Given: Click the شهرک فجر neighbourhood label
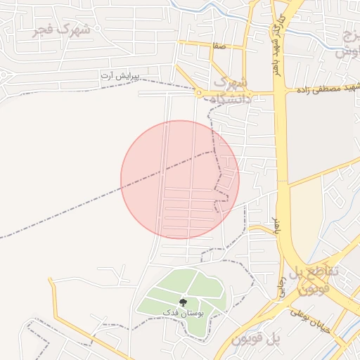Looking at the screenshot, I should pos(63,30).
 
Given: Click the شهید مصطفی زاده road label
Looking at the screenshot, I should pos(330,89).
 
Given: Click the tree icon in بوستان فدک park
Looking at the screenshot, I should pos(184,302).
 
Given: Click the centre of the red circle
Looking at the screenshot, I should pos(180,179).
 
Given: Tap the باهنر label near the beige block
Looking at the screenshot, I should pos(276,226).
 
